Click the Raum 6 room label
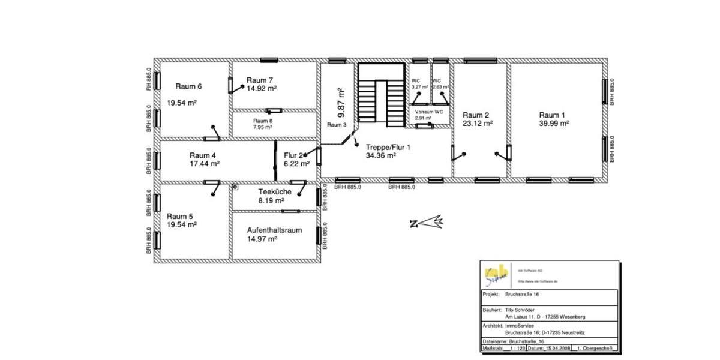[x=188, y=86]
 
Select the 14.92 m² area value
[x=262, y=88]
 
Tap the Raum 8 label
[x=263, y=121]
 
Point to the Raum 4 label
[x=202, y=155]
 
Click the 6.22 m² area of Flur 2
[x=296, y=163]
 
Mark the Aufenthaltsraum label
[x=274, y=230]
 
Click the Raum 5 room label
[x=180, y=216]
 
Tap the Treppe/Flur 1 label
[x=388, y=146]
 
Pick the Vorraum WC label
[x=429, y=112]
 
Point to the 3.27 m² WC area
[x=418, y=87]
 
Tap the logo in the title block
[x=496, y=275]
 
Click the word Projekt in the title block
[x=491, y=295]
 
